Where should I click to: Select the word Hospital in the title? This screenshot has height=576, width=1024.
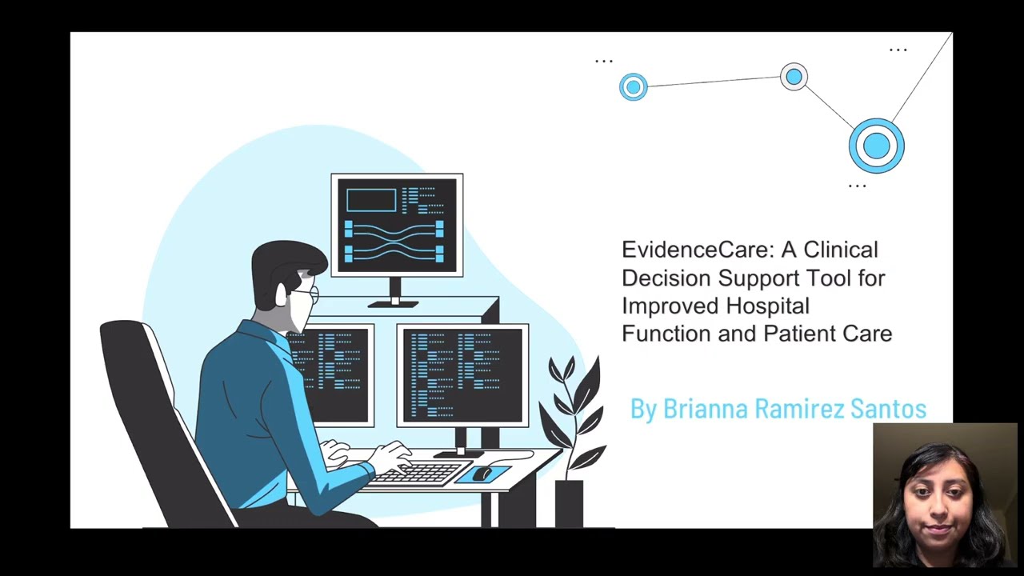coord(768,306)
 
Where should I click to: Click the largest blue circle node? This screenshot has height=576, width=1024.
coord(876,146)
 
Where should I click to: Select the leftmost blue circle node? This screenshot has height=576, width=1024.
coord(633,86)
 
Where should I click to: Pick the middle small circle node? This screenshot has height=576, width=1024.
coord(794,77)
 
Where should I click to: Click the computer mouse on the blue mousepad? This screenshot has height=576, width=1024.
coord(482,474)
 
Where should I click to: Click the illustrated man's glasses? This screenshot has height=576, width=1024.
coord(310,294)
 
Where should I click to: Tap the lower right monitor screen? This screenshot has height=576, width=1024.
coord(462,374)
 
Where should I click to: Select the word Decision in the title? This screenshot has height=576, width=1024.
coord(666,278)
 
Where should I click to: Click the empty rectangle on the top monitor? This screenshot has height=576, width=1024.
coord(371,200)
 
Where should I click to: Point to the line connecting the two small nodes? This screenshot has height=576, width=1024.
coord(714,82)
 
